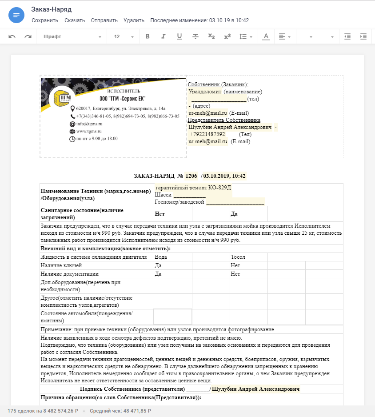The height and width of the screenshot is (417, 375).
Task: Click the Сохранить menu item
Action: click(x=45, y=20)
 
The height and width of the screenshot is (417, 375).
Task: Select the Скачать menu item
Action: click(x=75, y=20)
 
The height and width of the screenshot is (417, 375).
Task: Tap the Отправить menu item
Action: click(x=104, y=20)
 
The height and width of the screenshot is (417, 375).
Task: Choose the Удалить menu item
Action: click(x=134, y=20)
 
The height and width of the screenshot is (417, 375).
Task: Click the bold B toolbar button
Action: click(x=148, y=36)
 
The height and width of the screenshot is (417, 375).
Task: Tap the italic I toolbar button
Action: click(x=164, y=36)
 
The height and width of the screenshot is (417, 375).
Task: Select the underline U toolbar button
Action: click(x=180, y=36)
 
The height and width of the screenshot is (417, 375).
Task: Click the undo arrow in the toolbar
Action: click(x=12, y=36)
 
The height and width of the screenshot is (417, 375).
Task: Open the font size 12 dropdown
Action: click(x=124, y=36)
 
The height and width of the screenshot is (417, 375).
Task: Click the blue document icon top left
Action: click(x=16, y=15)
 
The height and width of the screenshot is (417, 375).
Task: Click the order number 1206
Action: click(x=191, y=176)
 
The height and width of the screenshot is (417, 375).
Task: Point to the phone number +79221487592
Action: click(x=207, y=134)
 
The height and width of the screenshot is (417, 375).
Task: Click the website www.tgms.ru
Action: click(x=89, y=131)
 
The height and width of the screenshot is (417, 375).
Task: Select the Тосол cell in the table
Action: click(x=238, y=257)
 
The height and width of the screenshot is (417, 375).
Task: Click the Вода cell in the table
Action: click(x=161, y=257)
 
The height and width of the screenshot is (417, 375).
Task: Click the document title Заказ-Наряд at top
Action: click(x=52, y=9)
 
